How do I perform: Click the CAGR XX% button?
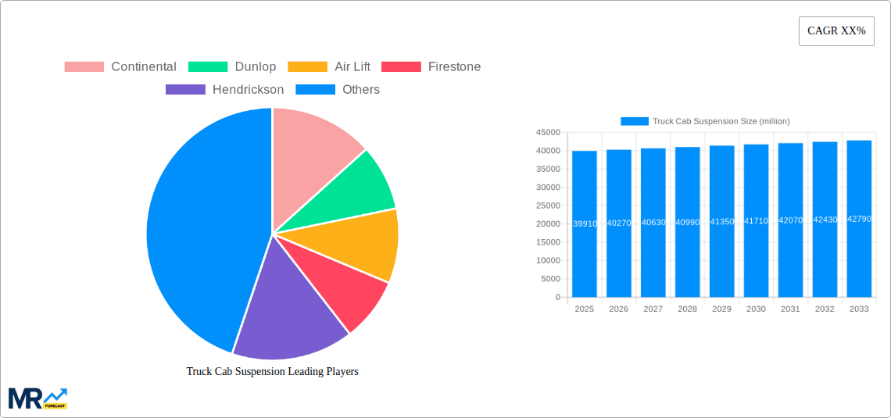tap(836, 31)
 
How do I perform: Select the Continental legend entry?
tap(120, 67)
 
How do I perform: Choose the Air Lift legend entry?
tap(329, 67)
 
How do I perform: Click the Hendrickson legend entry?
tap(225, 90)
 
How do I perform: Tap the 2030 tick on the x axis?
tap(756, 309)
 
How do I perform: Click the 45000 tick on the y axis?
tap(548, 132)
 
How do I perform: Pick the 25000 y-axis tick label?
tap(548, 205)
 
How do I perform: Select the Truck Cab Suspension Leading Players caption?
tap(272, 372)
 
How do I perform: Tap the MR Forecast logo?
tap(38, 398)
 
